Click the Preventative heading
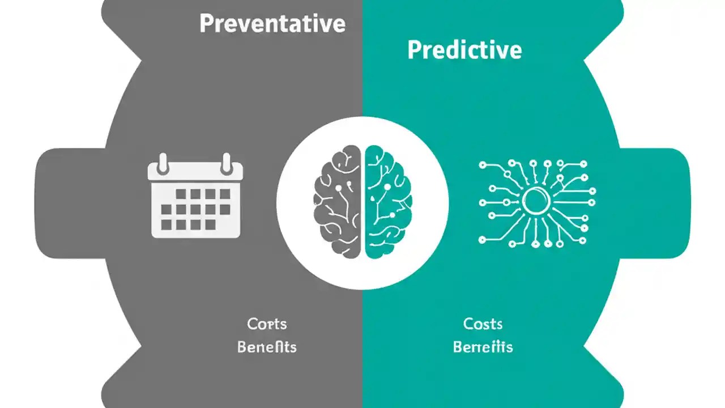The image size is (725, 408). [x=272, y=24]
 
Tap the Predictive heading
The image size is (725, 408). [x=464, y=50]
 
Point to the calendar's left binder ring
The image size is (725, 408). [x=164, y=163]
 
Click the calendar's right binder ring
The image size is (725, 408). [x=227, y=163]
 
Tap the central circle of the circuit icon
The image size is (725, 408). [x=536, y=202]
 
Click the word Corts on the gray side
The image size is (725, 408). [x=267, y=324]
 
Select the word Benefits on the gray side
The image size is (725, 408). [x=267, y=347]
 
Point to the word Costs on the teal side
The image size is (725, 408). [x=483, y=324]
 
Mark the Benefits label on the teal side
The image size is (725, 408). [x=483, y=347]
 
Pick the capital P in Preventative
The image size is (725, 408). [x=207, y=24]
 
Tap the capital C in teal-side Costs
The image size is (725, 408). [x=468, y=324]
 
